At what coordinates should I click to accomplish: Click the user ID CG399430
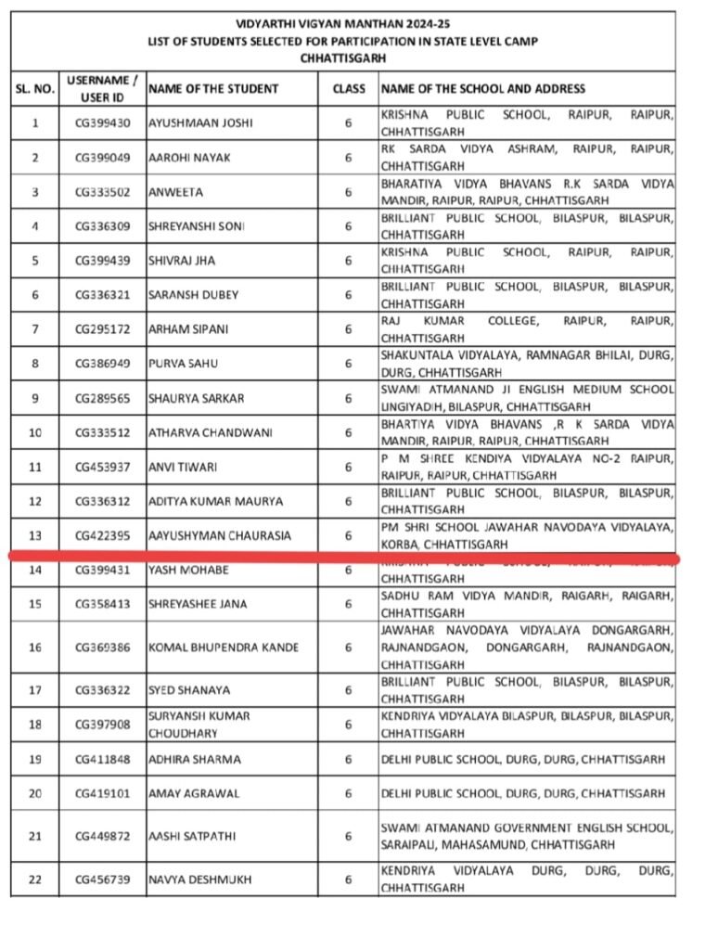(x=102, y=122)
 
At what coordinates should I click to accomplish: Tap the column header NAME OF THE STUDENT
(x=213, y=89)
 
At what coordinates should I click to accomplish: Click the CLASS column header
(x=349, y=89)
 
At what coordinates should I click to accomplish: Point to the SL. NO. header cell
(x=35, y=89)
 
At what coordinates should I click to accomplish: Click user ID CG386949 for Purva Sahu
(x=102, y=364)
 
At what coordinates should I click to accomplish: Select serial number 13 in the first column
(x=35, y=535)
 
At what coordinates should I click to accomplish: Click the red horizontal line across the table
(x=343, y=558)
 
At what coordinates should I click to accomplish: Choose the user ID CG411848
(x=102, y=759)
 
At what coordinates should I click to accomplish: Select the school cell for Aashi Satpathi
(x=527, y=836)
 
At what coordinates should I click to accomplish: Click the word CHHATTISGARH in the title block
(x=343, y=58)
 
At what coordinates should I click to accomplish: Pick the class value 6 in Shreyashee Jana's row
(x=349, y=604)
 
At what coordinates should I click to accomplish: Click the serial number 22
(x=35, y=879)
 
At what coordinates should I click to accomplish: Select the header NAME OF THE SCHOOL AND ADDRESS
(x=483, y=89)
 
